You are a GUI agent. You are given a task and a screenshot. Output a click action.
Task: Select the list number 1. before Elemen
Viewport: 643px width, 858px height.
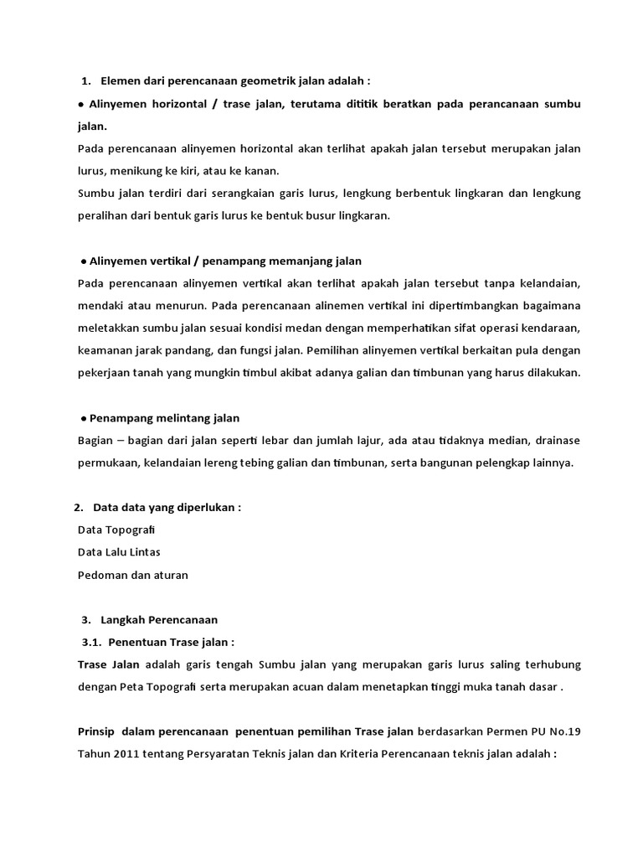(x=86, y=81)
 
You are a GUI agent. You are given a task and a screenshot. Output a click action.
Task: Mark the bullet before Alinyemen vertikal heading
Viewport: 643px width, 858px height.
(x=84, y=261)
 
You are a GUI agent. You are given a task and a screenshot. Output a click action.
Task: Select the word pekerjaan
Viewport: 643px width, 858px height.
(x=105, y=371)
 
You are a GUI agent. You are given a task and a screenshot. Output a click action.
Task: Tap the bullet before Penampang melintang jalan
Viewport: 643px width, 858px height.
(x=84, y=417)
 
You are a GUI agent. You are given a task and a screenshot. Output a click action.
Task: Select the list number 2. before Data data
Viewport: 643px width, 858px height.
(x=78, y=508)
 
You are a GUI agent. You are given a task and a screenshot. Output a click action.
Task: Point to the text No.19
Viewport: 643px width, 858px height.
(x=563, y=731)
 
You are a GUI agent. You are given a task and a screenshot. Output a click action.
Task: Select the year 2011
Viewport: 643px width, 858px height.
(x=128, y=753)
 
